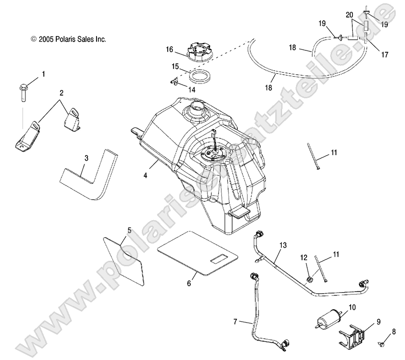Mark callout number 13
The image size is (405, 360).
(x=283, y=245)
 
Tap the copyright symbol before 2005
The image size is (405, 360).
(x=33, y=40)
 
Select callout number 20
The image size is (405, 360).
(x=350, y=14)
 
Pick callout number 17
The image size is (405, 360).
(x=384, y=54)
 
